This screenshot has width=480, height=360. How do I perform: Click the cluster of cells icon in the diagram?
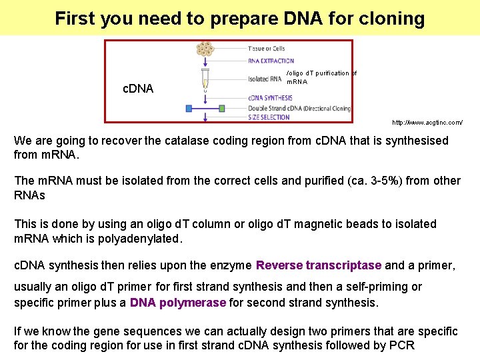pos(205,49)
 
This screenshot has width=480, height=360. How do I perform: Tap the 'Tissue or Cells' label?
pos(267,49)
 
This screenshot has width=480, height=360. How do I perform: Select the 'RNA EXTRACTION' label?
pos(271,61)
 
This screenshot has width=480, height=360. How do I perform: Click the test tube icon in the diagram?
pos(205,79)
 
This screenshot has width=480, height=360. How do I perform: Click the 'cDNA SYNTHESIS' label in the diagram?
pos(270,98)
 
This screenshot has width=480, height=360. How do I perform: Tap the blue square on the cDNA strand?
pos(189,107)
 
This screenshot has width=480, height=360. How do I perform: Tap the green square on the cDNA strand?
pos(221,107)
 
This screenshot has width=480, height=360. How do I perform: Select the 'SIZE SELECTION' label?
pos(269,117)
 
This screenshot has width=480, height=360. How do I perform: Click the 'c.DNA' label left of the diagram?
pos(139,89)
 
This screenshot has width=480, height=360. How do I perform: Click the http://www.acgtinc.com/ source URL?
pos(427,123)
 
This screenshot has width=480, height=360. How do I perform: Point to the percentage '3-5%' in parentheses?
pos(383,181)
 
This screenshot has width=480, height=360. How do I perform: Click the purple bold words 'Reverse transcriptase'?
pos(319,265)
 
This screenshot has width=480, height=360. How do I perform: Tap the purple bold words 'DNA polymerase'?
pos(178,303)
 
